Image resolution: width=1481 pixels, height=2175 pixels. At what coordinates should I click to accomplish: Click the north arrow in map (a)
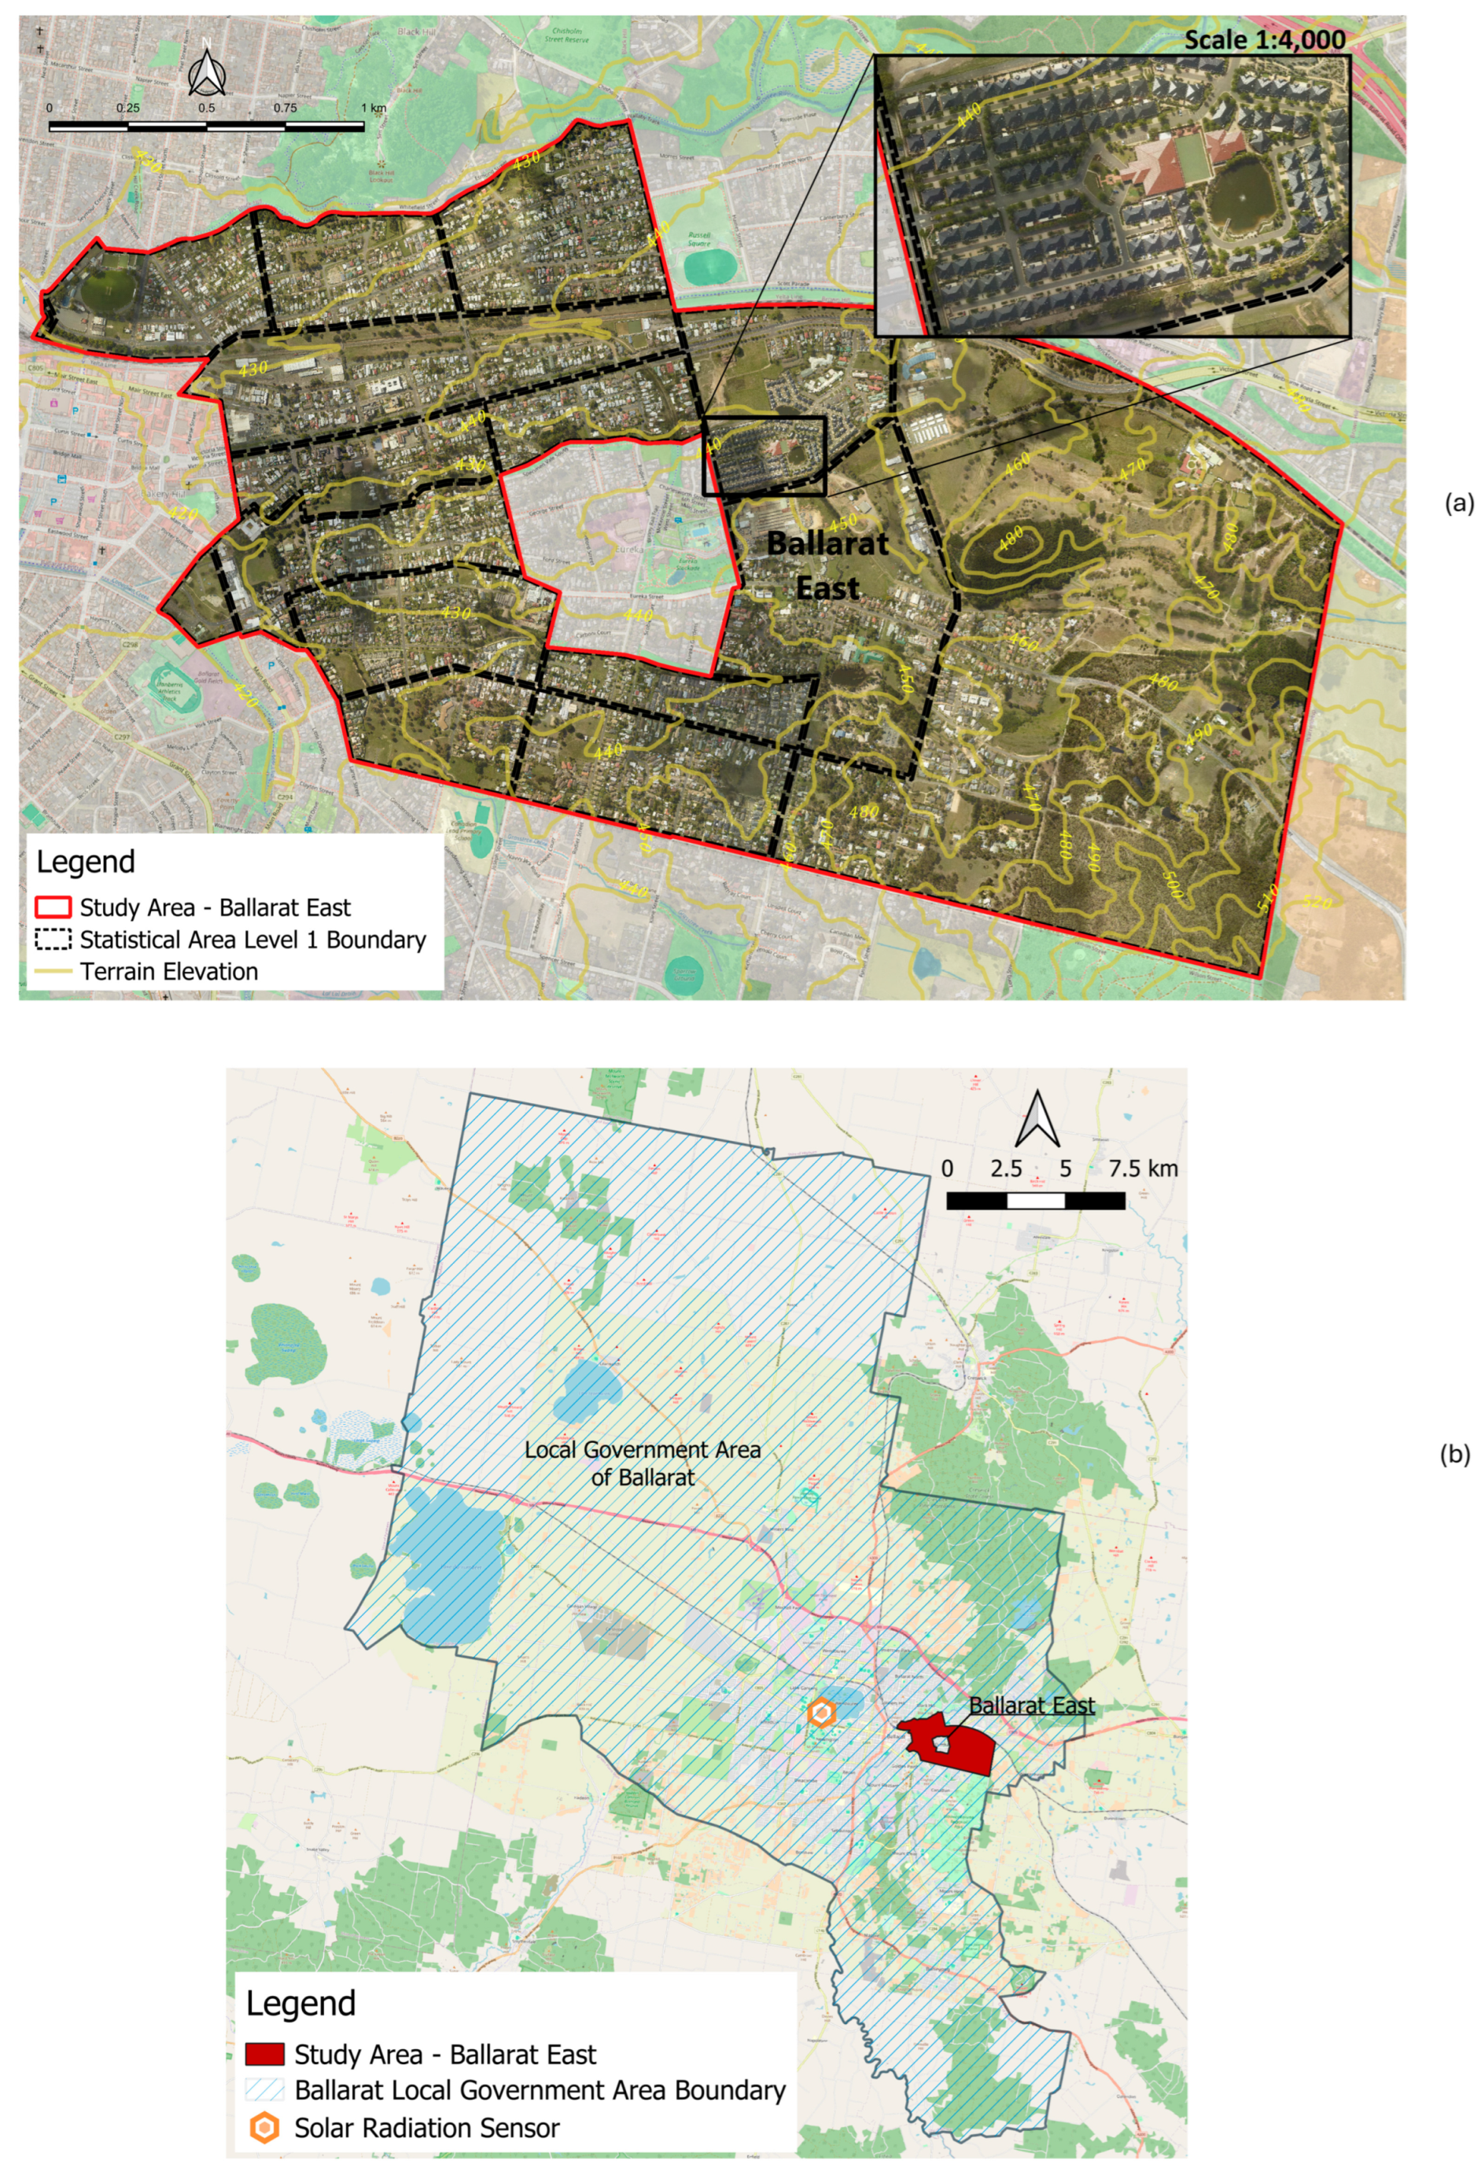tap(206, 68)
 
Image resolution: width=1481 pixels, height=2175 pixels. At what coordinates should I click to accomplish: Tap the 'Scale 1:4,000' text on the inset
tap(1264, 39)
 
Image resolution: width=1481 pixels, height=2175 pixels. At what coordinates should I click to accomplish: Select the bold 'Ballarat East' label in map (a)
tap(827, 565)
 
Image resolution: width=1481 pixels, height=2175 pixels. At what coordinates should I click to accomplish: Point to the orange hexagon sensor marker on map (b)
tap(821, 1713)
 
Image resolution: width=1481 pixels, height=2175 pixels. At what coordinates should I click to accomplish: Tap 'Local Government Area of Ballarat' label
tap(643, 1463)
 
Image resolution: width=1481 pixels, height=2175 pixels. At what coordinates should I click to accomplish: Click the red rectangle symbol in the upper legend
tap(53, 907)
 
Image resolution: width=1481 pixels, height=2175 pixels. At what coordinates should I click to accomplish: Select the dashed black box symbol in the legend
tap(53, 939)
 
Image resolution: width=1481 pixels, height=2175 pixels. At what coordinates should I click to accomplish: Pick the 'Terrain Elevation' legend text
tap(168, 971)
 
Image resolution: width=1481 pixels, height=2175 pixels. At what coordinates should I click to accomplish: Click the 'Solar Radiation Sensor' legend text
tap(426, 2127)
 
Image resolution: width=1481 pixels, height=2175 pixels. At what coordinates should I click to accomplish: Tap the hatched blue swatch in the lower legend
tap(264, 2090)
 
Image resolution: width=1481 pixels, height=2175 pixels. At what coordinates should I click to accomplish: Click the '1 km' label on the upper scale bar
tap(374, 108)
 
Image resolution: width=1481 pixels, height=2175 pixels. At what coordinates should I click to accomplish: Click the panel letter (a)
tap(1458, 503)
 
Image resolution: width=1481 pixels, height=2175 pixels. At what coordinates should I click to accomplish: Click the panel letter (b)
tap(1455, 1455)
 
